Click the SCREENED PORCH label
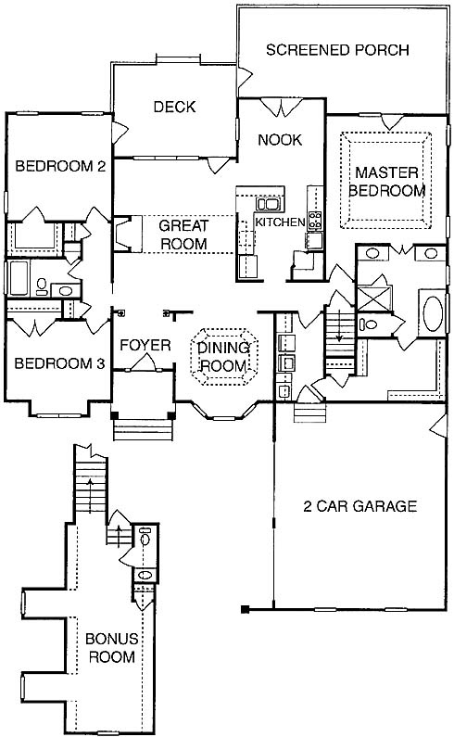(x=337, y=50)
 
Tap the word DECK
(x=174, y=107)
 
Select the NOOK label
(x=280, y=140)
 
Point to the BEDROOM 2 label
(x=60, y=166)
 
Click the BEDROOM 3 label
(x=59, y=363)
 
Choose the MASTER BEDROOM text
(x=386, y=182)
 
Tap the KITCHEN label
(x=280, y=222)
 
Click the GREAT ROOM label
(x=183, y=235)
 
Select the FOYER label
(x=145, y=346)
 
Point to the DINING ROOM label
(x=223, y=357)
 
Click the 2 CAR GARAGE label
(x=360, y=506)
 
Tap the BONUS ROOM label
(x=112, y=647)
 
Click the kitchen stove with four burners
(x=314, y=221)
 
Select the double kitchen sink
(x=268, y=204)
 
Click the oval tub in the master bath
(x=433, y=313)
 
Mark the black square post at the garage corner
(x=245, y=610)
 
